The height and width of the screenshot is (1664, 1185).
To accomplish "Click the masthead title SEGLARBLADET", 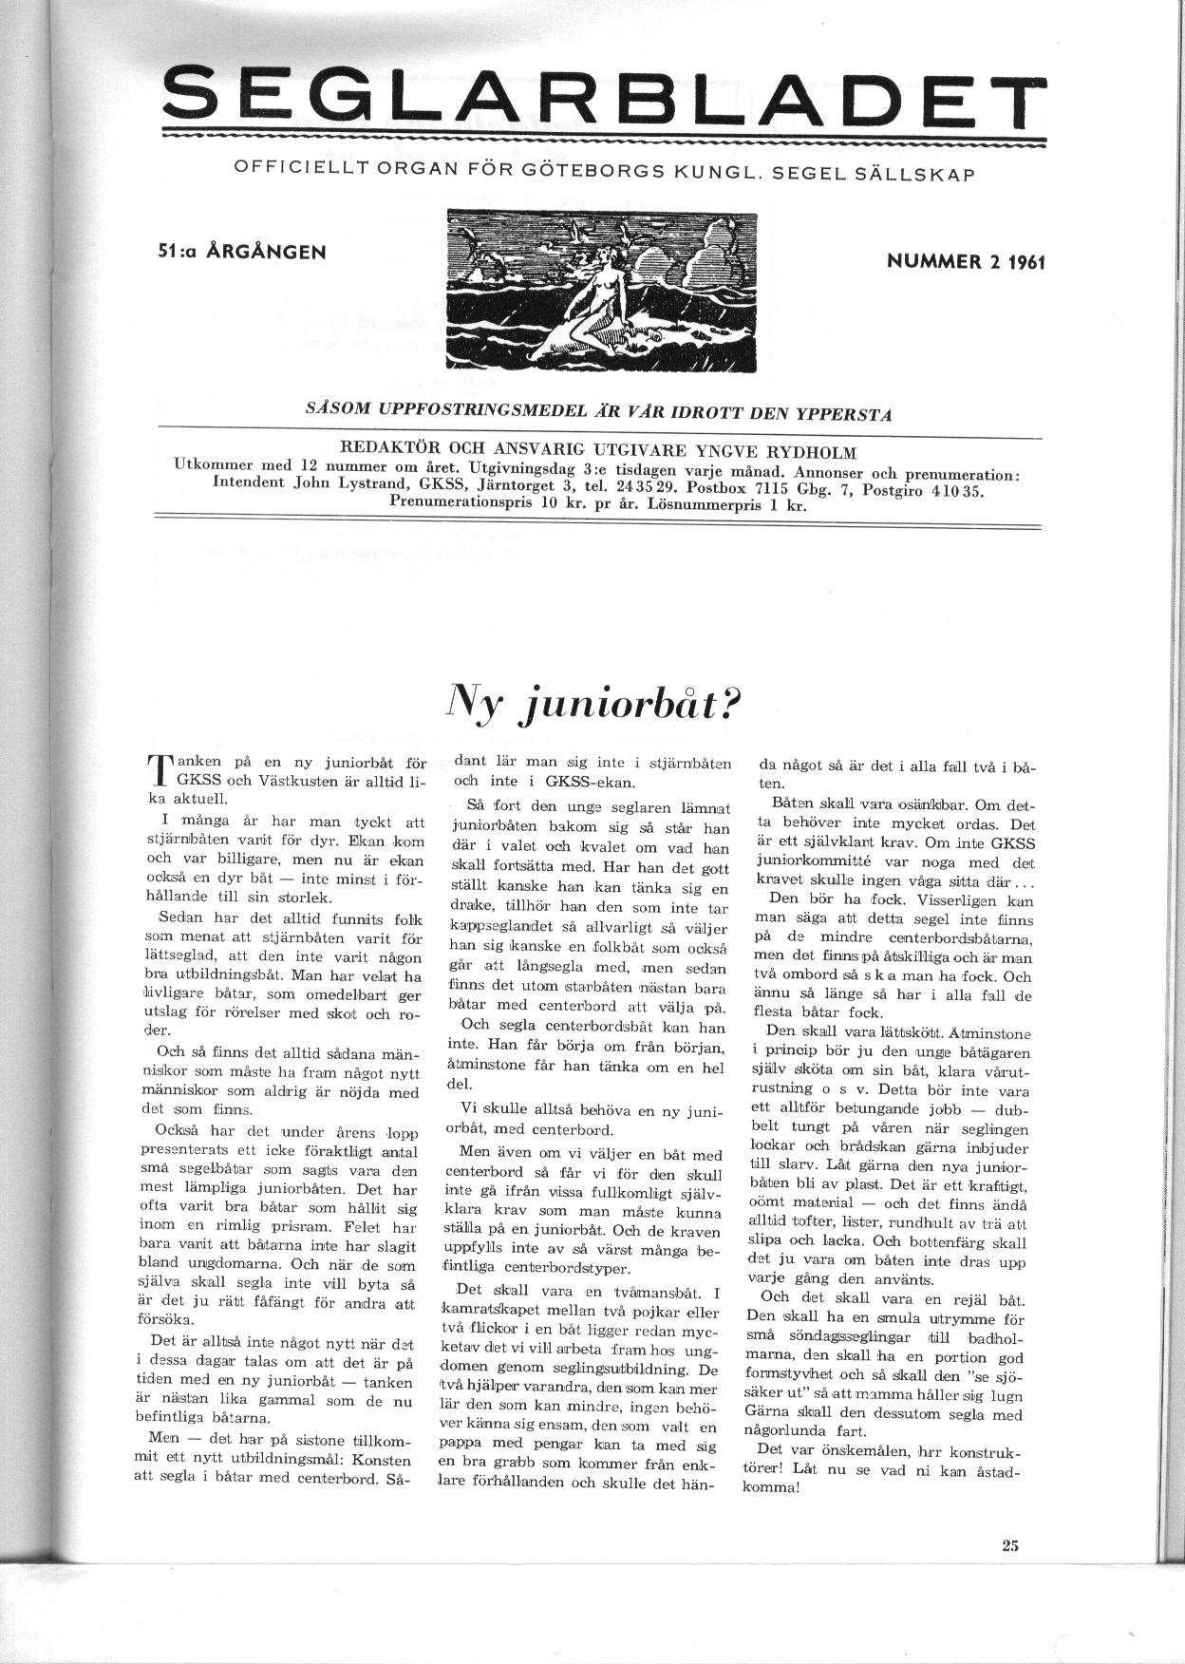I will (598, 97).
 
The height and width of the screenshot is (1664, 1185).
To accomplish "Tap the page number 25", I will (1008, 1545).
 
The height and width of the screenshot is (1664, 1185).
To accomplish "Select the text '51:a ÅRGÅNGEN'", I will (243, 253).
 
